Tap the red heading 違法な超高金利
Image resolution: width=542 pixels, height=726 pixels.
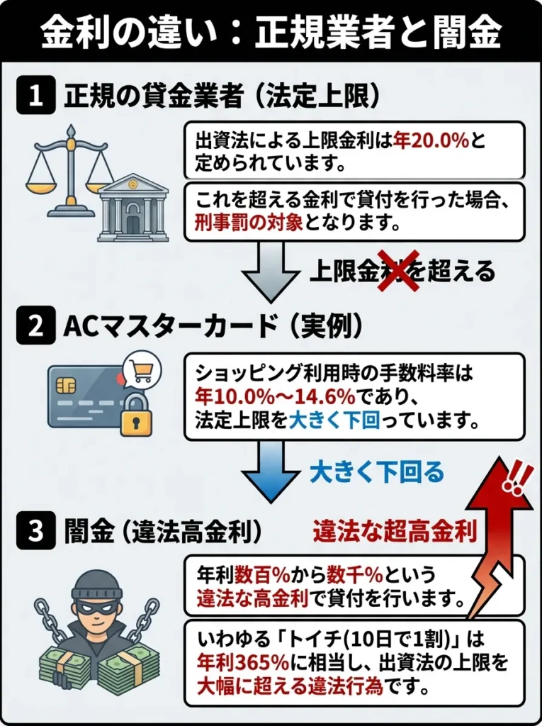[x=395, y=532]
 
